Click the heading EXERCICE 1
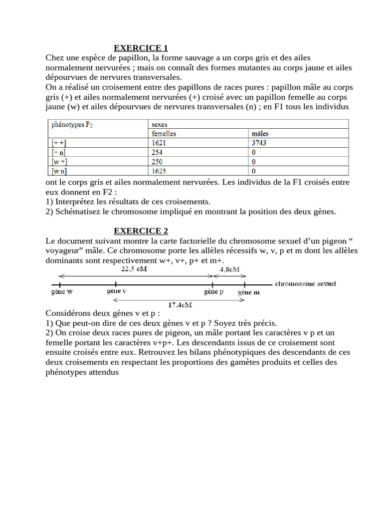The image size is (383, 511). [141, 48]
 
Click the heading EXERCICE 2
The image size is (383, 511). [141, 231]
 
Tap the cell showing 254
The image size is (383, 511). [158, 152]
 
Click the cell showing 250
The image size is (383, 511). [158, 162]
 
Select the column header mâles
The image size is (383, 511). [261, 133]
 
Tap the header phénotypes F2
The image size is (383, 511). [72, 125]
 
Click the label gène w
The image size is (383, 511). [62, 292]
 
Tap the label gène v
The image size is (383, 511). [116, 291]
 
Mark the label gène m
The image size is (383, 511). [248, 292]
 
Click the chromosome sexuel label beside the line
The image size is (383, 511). [305, 283]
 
